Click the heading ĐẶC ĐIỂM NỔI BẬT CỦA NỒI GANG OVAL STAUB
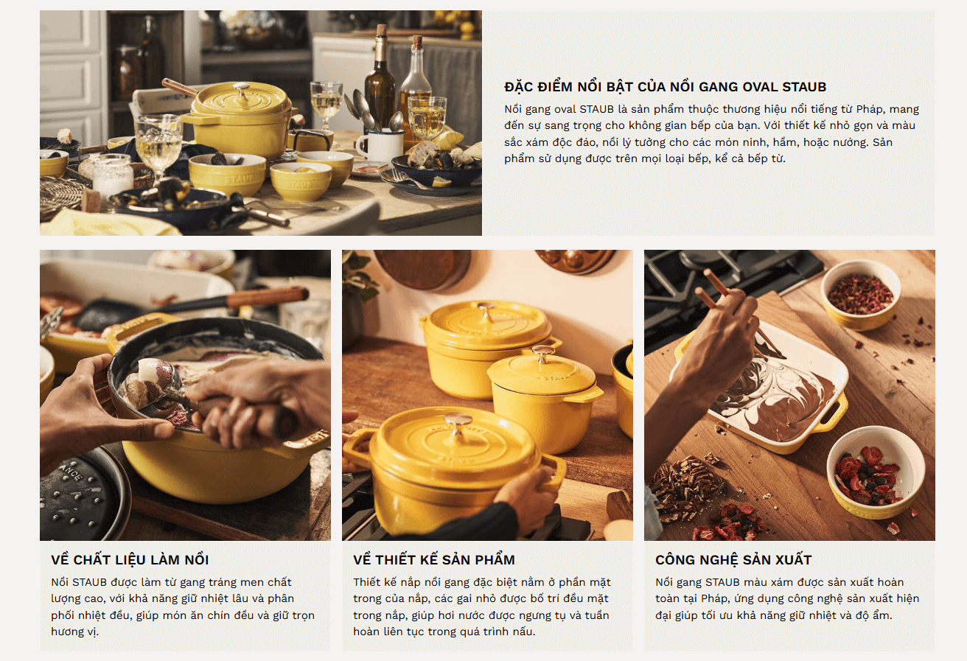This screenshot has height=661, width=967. (666, 87)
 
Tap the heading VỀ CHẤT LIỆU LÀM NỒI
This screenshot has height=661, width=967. (130, 560)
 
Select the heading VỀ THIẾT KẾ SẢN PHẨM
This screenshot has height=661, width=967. (434, 560)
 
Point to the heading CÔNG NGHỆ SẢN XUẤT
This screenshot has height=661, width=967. (733, 560)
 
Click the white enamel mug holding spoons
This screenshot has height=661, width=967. (380, 145)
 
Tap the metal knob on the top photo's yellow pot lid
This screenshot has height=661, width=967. (242, 88)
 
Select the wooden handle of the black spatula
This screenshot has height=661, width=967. (268, 297)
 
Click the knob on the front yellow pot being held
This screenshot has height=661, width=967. (458, 422)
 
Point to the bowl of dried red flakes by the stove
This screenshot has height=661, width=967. (861, 295)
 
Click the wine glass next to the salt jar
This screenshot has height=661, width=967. (158, 147)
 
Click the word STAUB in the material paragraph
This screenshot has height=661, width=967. (89, 582)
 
